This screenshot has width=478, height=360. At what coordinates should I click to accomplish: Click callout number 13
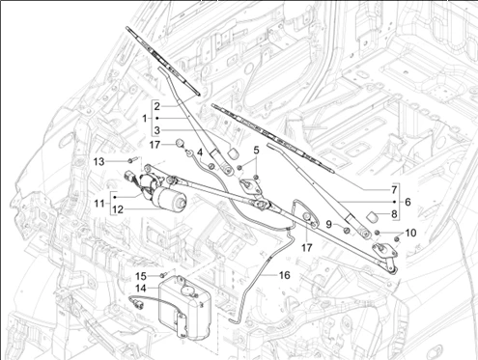click(x=99, y=161)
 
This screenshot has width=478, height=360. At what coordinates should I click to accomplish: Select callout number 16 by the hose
click(x=284, y=275)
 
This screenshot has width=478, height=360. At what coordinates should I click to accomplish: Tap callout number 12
click(x=118, y=209)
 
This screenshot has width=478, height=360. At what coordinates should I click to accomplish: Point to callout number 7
click(x=394, y=190)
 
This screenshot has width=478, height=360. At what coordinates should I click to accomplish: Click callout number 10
click(x=410, y=233)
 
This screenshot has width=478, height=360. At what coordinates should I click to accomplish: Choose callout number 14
click(x=141, y=289)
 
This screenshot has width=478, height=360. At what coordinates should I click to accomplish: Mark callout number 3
click(x=156, y=130)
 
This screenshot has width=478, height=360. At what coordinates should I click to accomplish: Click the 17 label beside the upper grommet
click(x=155, y=145)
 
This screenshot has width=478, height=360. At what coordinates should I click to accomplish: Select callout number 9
click(x=328, y=224)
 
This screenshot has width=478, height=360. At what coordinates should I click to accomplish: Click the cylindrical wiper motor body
click(x=170, y=198)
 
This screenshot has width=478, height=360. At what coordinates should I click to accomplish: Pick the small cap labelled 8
click(x=373, y=217)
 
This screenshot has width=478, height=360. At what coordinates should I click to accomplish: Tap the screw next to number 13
click(x=133, y=159)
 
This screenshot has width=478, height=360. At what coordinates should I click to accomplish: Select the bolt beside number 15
click(x=163, y=275)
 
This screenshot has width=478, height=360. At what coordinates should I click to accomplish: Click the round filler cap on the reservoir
click(x=187, y=291)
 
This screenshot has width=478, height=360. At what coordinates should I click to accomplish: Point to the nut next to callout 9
click(x=347, y=230)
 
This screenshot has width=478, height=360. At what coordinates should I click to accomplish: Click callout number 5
click(x=256, y=150)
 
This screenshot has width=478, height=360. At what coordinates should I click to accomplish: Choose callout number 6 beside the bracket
click(x=408, y=202)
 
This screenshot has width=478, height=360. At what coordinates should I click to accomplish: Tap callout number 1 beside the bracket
click(x=145, y=119)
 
